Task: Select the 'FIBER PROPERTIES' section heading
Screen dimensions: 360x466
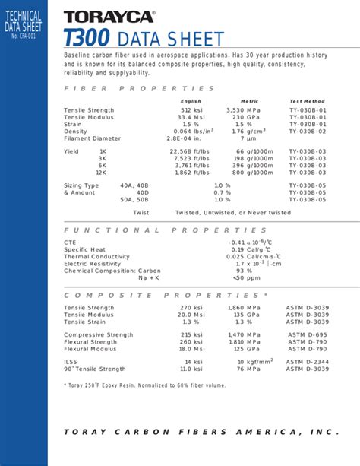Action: click(x=139, y=88)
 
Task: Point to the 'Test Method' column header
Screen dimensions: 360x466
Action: click(x=307, y=101)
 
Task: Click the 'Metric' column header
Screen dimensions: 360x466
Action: click(x=249, y=101)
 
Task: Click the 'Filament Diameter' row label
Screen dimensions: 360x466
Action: click(x=92, y=138)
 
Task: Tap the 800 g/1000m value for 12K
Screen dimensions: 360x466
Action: click(x=253, y=172)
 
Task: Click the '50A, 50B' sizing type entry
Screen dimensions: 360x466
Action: click(x=134, y=199)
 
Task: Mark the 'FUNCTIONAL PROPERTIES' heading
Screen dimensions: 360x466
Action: click(x=165, y=230)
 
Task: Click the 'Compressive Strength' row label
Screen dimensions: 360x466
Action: click(x=99, y=334)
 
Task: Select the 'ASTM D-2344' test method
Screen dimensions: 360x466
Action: click(x=308, y=362)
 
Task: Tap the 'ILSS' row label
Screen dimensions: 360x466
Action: click(x=71, y=362)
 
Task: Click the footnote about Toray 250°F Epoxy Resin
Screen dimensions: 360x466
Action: click(x=144, y=385)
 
